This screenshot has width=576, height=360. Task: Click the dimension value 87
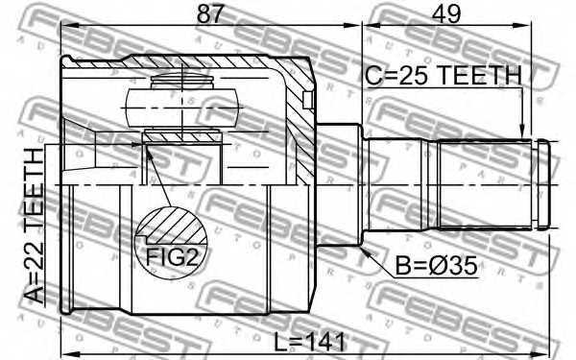pyautogui.click(x=210, y=14)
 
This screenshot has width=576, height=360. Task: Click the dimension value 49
pyautogui.click(x=446, y=14)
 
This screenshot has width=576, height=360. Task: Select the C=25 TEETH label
pyautogui.click(x=443, y=75)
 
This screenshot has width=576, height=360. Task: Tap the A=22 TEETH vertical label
pyautogui.click(x=35, y=226)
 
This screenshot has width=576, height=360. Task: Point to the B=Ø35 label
pyautogui.click(x=436, y=265)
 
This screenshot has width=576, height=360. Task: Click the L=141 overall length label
pyautogui.click(x=310, y=342)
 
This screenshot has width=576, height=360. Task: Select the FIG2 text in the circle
pyautogui.click(x=172, y=257)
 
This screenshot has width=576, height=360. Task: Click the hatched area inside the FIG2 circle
pyautogui.click(x=173, y=225)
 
